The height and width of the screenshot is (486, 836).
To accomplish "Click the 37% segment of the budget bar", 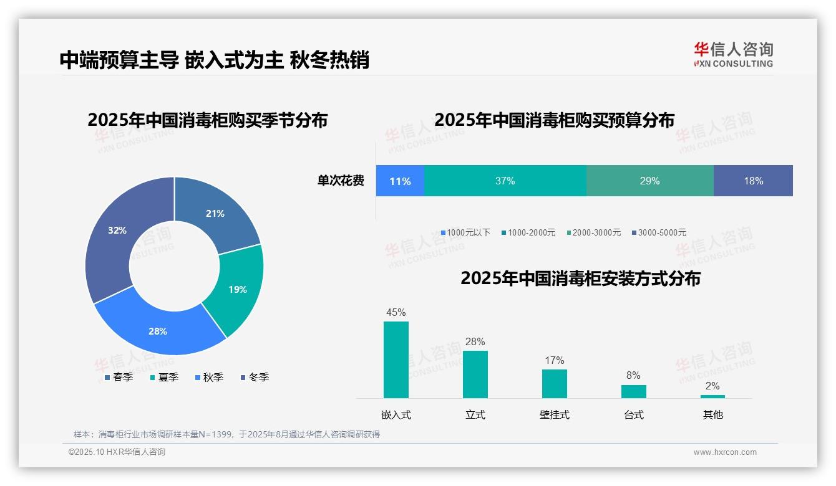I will point(505,181).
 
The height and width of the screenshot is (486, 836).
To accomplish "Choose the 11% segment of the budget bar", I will point(400,181).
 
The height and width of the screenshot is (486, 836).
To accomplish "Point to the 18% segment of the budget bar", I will point(753,181).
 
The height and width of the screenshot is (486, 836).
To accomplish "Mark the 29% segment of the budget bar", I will point(649,181).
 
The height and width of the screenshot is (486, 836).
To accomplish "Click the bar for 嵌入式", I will point(396,360).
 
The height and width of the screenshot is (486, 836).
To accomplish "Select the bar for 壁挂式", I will point(555,383).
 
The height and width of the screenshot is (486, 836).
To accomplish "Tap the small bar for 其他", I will point(712,396).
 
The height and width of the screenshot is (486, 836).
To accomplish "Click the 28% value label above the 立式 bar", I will point(475,341).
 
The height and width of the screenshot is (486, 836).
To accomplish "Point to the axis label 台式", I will point(633,414).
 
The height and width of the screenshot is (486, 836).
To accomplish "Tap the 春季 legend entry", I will point(119,377).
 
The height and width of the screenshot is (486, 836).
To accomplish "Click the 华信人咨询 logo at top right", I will point(733,54).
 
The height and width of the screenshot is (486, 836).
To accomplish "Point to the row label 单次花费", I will point(341,181).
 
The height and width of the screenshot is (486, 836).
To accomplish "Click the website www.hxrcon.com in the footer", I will point(725,452).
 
